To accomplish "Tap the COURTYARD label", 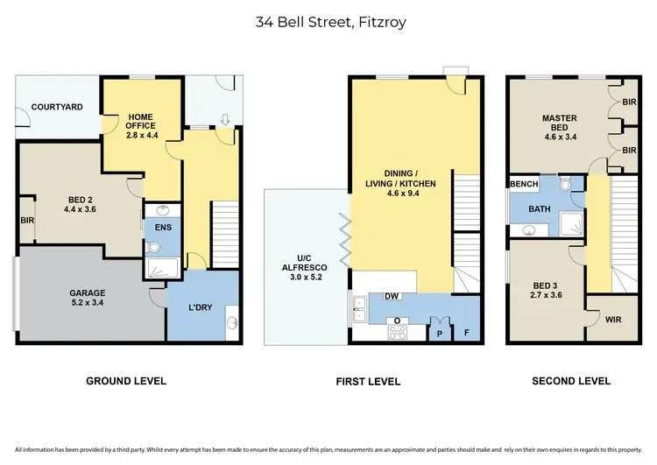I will click(x=57, y=107).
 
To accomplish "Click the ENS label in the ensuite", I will click(x=163, y=228).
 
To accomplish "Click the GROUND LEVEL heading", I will click(x=125, y=381).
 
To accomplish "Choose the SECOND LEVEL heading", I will click(x=571, y=381).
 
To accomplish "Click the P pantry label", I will click(x=439, y=334).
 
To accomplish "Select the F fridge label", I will click(x=467, y=334).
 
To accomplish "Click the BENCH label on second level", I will click(x=524, y=185).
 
